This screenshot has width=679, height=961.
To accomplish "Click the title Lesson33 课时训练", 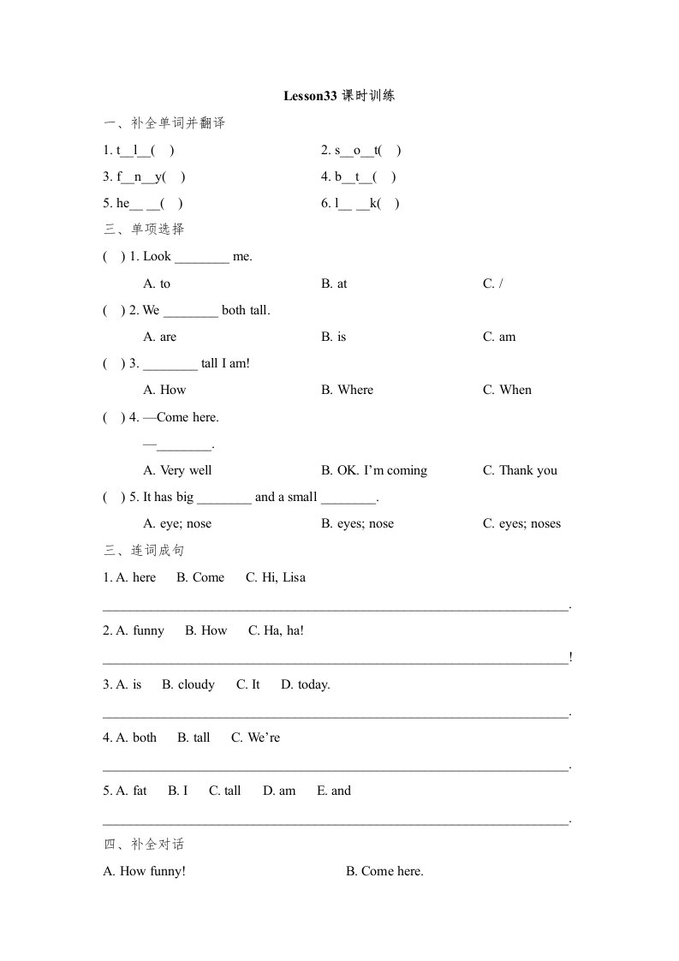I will [x=339, y=96].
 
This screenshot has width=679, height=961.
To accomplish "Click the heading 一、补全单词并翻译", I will [x=164, y=123].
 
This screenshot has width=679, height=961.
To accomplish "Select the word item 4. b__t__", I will [x=358, y=177].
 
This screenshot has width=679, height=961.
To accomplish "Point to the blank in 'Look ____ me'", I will [x=202, y=257].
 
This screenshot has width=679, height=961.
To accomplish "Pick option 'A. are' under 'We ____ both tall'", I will [x=160, y=337].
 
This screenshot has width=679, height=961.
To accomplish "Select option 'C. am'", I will [x=499, y=337].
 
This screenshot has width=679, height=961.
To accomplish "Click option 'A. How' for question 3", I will [x=165, y=390].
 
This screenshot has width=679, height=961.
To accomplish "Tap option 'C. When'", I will [x=507, y=390].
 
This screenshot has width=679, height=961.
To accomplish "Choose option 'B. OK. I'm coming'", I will [x=374, y=470].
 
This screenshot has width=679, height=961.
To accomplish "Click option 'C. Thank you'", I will [x=520, y=470].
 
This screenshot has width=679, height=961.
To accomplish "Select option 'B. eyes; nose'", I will [x=358, y=523].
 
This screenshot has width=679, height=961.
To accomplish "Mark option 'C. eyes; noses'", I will [x=521, y=523].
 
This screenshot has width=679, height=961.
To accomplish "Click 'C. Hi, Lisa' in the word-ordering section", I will [x=276, y=577].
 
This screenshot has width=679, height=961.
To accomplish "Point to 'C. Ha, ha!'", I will [x=277, y=630].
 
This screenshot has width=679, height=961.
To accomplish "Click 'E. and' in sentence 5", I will [x=334, y=791].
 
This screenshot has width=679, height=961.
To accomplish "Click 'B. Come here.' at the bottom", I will [x=384, y=871].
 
